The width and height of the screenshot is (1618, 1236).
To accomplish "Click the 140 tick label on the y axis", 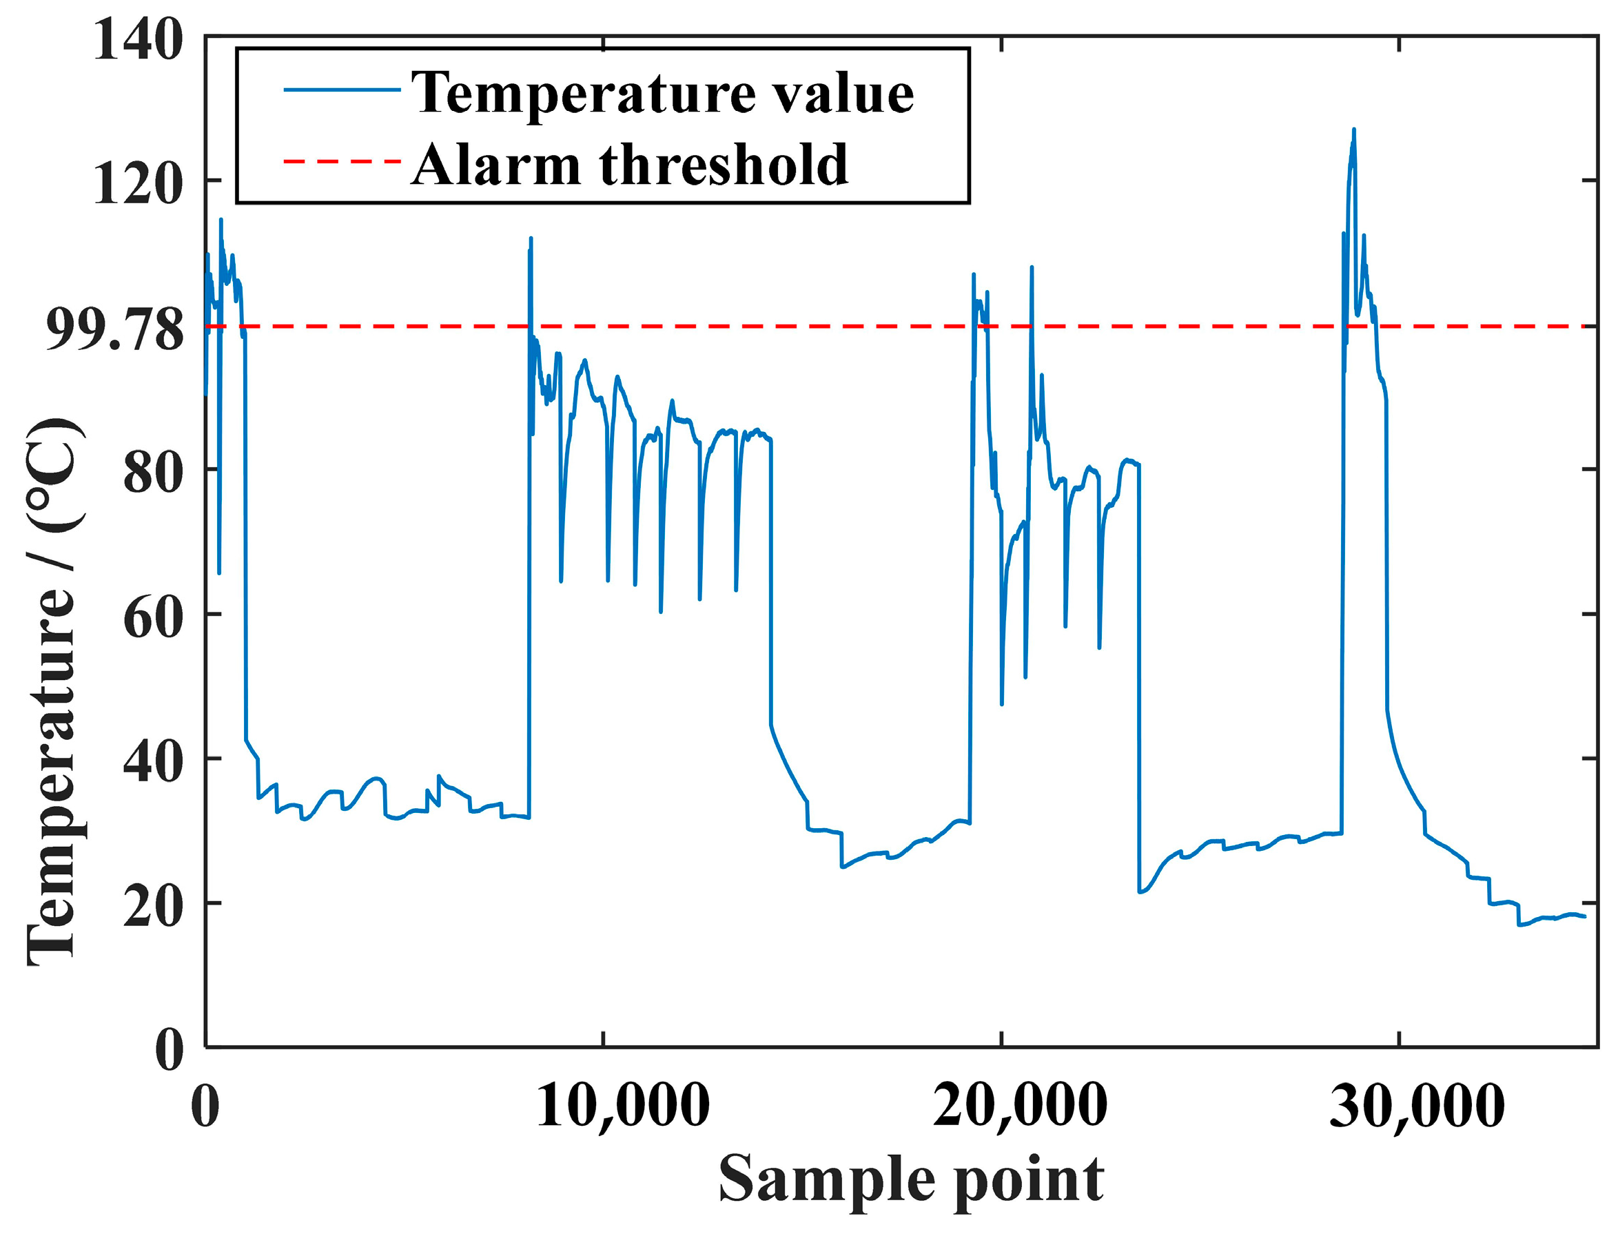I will pyautogui.click(x=138, y=40).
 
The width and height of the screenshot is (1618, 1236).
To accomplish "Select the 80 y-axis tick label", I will pyautogui.click(x=153, y=473).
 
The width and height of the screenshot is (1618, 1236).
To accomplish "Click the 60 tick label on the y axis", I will pyautogui.click(x=153, y=617).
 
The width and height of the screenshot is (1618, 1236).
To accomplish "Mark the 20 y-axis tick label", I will pyautogui.click(x=153, y=907).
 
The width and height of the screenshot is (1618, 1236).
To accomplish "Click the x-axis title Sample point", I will pyautogui.click(x=911, y=1180).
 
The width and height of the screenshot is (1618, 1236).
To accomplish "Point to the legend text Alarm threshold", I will pyautogui.click(x=630, y=164).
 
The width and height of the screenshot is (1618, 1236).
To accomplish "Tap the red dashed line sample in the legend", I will pyautogui.click(x=342, y=161).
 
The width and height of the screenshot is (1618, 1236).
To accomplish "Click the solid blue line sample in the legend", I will pyautogui.click(x=342, y=90).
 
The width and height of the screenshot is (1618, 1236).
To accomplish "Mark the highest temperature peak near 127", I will pyautogui.click(x=1353, y=131).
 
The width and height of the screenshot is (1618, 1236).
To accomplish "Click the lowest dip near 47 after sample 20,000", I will pyautogui.click(x=1001, y=703).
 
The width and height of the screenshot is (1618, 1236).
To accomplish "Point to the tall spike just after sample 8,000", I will pyautogui.click(x=531, y=240).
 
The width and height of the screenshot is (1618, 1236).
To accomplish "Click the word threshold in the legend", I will pyautogui.click(x=724, y=164).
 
